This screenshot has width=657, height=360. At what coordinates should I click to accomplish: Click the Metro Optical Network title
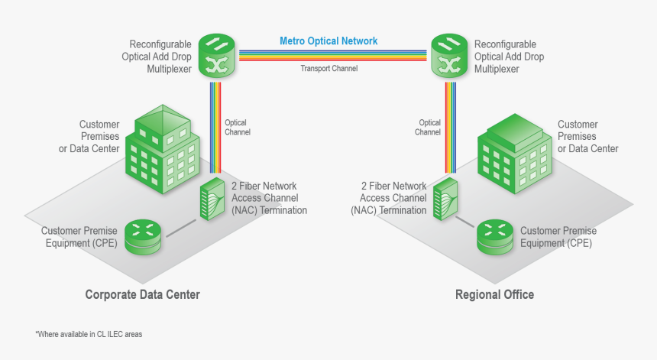point(328,41)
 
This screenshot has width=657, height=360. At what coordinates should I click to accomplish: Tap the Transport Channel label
point(328,68)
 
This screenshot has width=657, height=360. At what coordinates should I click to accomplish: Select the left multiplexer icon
point(218,56)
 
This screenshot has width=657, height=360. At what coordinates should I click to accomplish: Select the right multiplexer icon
point(451,56)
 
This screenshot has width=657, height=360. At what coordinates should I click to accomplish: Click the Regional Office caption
point(494,294)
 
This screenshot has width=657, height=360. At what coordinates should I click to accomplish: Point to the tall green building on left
point(162,148)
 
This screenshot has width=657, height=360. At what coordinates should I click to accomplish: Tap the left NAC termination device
point(211,200)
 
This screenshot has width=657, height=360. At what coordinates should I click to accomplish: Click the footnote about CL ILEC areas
point(89,335)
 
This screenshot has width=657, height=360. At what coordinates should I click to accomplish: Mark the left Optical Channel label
point(237,127)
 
